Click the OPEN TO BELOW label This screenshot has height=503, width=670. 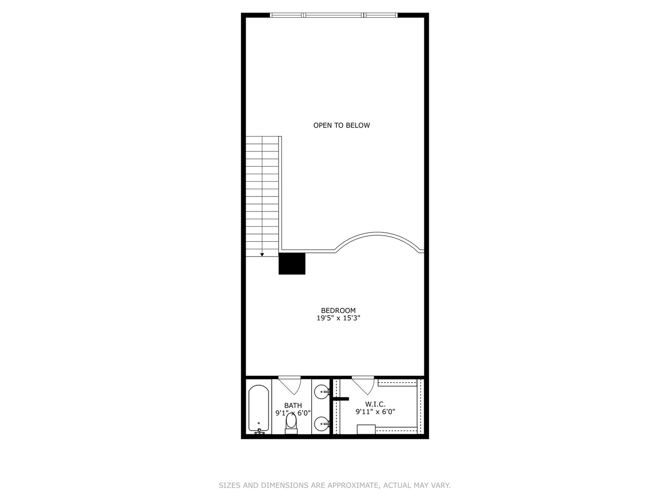click(342, 125)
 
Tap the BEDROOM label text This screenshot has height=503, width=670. click(338, 311)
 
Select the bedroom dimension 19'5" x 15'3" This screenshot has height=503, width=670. click(338, 319)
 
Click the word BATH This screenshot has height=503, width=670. click(293, 406)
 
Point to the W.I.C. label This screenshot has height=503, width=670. click(375, 404)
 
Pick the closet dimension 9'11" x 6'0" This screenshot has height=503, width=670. click(375, 412)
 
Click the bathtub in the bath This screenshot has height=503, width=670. click(258, 408)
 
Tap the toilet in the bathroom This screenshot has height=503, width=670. click(291, 422)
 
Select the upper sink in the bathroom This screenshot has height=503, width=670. click(321, 392)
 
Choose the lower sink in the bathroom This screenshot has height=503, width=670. click(321, 424)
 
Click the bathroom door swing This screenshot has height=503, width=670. click(291, 385)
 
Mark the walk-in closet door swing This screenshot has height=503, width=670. click(364, 385)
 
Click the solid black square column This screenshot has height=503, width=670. click(292, 264)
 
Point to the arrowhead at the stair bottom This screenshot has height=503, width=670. click(262, 254)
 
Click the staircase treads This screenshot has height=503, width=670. click(262, 196)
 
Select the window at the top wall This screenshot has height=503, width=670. click(334, 15)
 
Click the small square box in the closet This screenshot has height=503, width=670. click(366, 429)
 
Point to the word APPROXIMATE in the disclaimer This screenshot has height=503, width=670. click(352, 485)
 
